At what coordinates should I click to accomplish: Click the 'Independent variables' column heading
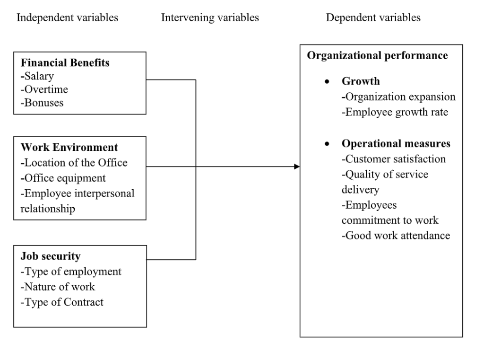(67, 18)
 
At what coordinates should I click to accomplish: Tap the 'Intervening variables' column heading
(210, 18)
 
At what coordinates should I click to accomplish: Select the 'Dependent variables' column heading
(373, 18)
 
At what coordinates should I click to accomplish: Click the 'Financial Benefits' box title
(65, 63)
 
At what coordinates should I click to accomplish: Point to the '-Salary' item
(37, 76)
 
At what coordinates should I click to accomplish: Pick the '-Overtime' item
(44, 89)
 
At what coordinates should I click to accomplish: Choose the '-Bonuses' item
(42, 103)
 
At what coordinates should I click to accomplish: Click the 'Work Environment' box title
(69, 148)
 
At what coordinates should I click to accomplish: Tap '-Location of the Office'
(74, 163)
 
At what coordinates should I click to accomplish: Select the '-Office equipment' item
(63, 178)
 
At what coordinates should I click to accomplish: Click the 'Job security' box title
(51, 256)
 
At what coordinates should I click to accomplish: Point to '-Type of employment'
(71, 272)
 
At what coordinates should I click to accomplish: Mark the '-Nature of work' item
(58, 287)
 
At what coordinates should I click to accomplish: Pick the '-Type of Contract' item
(62, 302)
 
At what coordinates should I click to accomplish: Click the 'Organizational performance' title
(378, 56)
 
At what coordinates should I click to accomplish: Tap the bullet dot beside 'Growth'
(327, 81)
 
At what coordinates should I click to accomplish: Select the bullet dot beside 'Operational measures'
(327, 144)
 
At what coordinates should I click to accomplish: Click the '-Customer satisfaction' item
(394, 159)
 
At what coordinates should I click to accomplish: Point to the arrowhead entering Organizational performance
(297, 167)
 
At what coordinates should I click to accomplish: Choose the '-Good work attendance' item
(396, 236)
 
